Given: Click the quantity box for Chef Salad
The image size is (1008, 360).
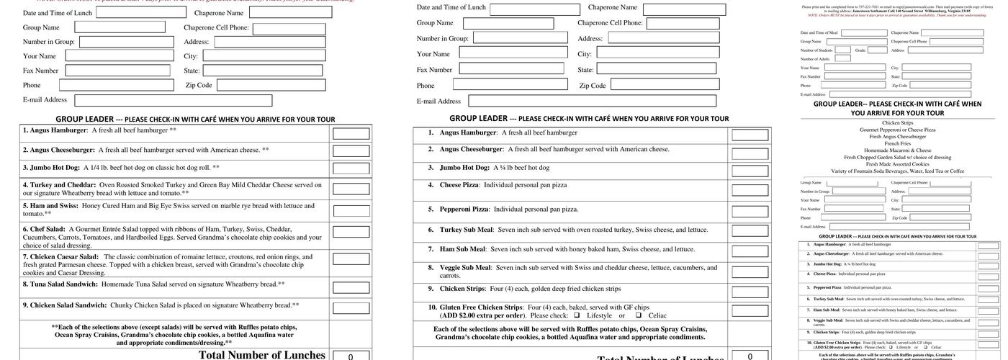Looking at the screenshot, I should click(x=351, y=236).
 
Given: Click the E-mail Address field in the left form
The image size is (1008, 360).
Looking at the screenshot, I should click(x=174, y=101).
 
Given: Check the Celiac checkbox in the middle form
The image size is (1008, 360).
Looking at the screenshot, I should click(x=638, y=315).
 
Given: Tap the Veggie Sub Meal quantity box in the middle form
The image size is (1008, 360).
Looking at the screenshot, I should click(x=750, y=271).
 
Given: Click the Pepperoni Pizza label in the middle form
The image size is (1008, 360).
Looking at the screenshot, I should click(x=465, y=209).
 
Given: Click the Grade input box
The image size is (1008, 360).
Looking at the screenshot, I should click(x=877, y=50).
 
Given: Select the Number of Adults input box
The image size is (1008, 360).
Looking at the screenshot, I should click(x=842, y=59).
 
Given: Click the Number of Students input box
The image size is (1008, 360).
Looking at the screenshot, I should click(x=843, y=50).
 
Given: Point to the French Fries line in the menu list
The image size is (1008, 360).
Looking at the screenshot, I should click(x=896, y=143).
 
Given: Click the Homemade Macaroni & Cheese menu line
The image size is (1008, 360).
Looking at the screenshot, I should click(x=896, y=150).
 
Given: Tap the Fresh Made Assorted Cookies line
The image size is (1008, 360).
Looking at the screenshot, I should click(x=896, y=164).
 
